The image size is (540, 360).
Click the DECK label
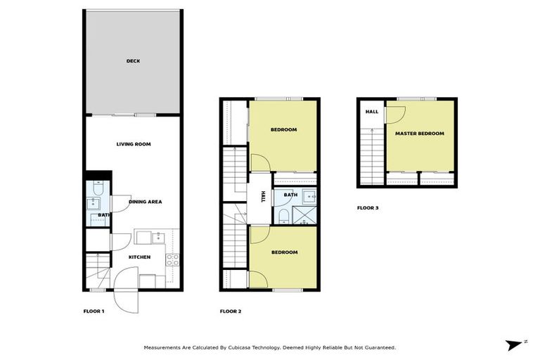[133, 61]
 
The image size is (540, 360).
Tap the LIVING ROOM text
[134, 144]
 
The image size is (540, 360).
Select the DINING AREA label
[146, 202]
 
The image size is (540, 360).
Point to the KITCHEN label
[139, 257]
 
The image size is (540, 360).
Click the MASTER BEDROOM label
[419, 134]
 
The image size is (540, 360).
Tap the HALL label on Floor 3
[371, 112]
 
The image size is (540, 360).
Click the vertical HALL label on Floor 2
[263, 196]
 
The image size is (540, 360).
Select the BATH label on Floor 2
[289, 195]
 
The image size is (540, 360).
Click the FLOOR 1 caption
[94, 311]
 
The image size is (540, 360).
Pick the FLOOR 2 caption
[231, 311]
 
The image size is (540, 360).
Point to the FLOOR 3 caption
[368, 208]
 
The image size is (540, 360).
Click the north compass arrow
[516, 344]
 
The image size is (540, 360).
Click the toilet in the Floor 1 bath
[96, 190]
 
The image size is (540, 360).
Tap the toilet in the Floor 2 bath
[282, 214]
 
